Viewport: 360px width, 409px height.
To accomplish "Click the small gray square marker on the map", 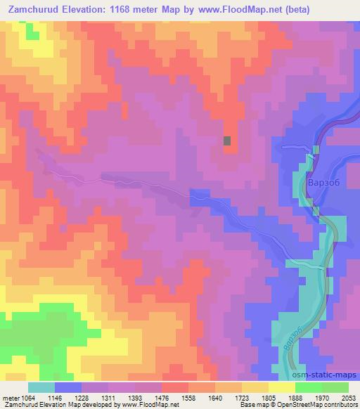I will click(227, 141).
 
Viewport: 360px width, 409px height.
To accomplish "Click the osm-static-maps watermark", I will click(330, 376).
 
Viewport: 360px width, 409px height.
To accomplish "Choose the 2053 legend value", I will click(347, 396).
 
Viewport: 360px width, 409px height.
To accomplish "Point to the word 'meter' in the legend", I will click(9, 396).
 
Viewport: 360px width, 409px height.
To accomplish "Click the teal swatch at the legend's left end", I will click(41, 387).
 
